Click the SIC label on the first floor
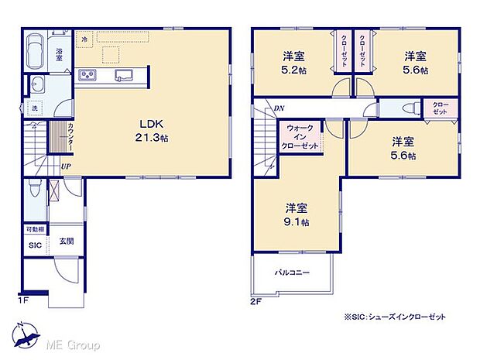[x=34, y=245]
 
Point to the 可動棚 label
[x=34, y=230]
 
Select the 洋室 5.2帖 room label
[x=293, y=63]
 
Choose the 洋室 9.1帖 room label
[x=297, y=214]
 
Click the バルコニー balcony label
[x=292, y=273]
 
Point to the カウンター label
[x=70, y=137]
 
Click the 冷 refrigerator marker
[x=84, y=38]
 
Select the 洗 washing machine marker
[x=35, y=107]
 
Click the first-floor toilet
[x=33, y=188]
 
